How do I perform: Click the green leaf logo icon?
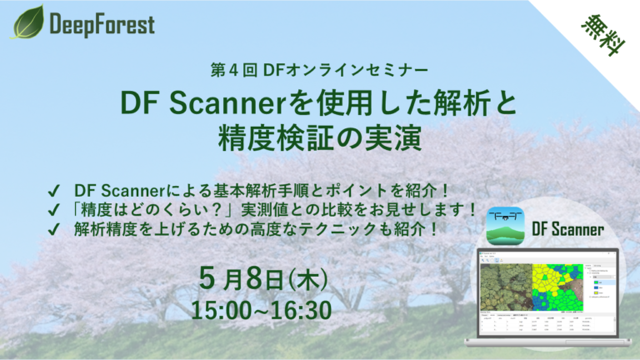(28, 22)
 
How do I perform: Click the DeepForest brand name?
(102, 24)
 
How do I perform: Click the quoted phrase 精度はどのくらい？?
(151, 207)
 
